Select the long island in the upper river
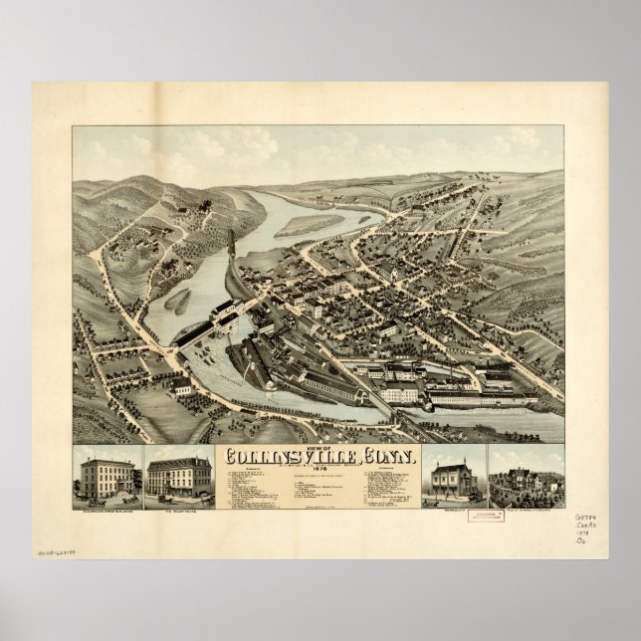pos(309,226)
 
